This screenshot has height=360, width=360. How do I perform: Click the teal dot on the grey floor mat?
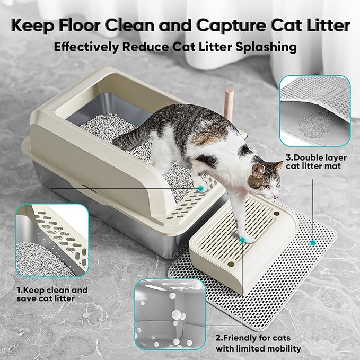(x=313, y=242)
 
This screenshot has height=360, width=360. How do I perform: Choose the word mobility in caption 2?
(x=283, y=348)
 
